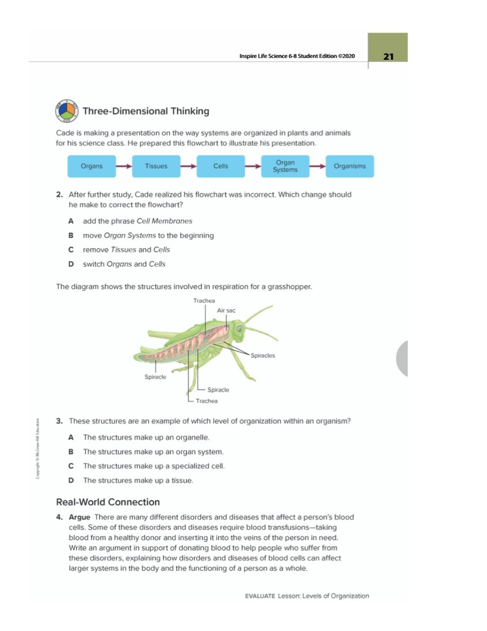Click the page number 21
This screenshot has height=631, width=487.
point(389,56)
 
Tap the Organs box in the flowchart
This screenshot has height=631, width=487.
point(92,166)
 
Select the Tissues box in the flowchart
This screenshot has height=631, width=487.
point(156,166)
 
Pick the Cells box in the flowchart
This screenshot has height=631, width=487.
point(221,166)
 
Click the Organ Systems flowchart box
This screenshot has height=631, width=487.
point(285,166)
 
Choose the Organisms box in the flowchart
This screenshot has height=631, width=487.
point(349,166)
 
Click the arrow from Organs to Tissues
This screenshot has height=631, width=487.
point(124,166)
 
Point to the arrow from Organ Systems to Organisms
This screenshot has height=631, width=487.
point(318,166)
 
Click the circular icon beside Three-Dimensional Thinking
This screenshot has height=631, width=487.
point(66,111)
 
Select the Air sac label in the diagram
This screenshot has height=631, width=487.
point(226,311)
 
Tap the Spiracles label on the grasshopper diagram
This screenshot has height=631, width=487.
point(263,356)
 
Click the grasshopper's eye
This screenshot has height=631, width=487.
point(239,328)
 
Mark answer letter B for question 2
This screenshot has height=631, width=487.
point(71,236)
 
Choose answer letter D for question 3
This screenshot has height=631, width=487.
point(71,480)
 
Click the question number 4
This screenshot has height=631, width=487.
point(59,517)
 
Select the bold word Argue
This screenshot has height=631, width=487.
point(79,517)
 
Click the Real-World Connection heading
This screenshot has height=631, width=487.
point(108,502)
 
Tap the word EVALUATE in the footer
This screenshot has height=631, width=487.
point(260,596)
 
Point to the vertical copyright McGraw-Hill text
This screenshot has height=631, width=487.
point(38,448)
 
